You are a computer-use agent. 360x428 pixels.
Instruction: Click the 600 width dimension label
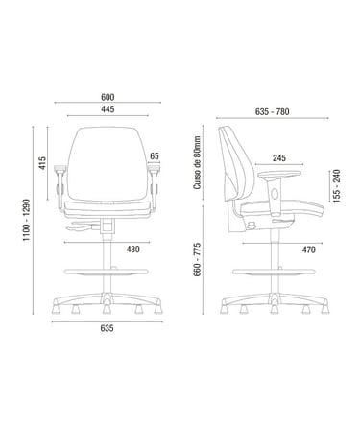[108, 97]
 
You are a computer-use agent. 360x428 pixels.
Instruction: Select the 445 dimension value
[108, 109]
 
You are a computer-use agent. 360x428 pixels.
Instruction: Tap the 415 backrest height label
[42, 163]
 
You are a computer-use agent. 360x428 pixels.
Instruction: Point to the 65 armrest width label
[155, 156]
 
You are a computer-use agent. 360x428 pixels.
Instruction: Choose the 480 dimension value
[133, 249]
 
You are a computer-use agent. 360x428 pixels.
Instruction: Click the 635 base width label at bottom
[107, 328]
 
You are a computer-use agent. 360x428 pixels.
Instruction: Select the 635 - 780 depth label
[273, 111]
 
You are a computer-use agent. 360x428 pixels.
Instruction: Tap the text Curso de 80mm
[198, 162]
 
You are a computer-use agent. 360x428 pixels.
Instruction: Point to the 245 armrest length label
[279, 157]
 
